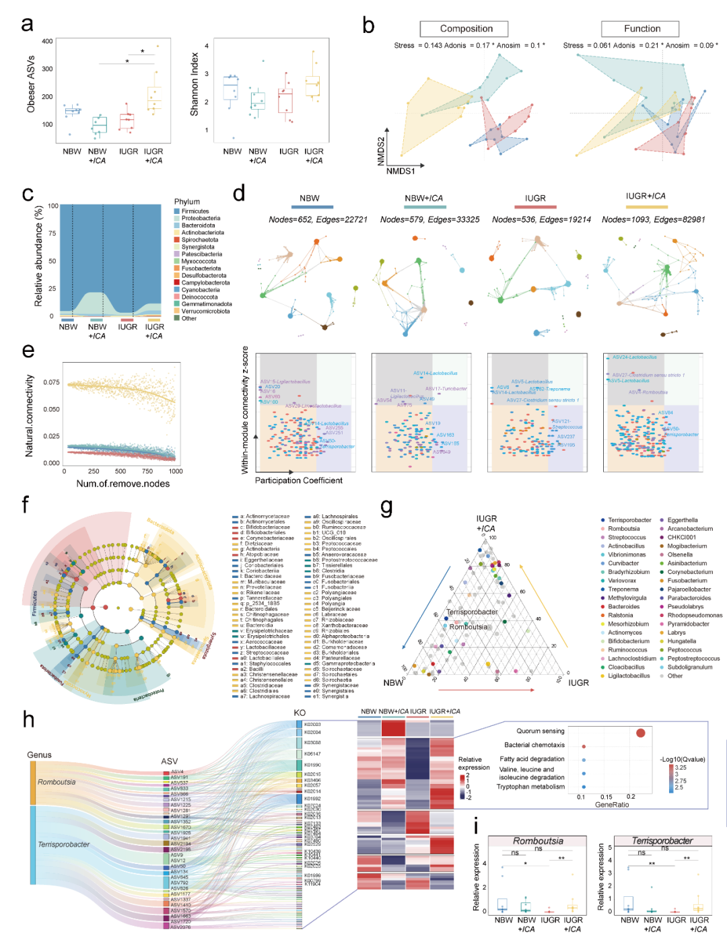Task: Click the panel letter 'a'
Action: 27,24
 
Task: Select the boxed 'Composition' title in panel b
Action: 466,28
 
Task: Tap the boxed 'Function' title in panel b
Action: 642,28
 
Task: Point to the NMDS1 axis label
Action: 401,171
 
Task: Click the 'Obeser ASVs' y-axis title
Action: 31,84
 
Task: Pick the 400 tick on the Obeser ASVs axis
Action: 47,41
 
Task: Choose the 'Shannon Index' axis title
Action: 194,84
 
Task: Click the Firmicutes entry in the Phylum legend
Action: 195,211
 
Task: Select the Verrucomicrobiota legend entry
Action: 205,311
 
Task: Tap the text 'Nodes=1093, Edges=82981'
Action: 653,219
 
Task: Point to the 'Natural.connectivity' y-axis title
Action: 30,416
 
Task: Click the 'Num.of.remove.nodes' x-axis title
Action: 123,483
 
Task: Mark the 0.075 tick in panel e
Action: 52,382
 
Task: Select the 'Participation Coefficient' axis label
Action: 298,480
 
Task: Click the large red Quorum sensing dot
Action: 640,733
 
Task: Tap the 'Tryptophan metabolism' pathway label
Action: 530,787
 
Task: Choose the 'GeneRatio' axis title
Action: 612,804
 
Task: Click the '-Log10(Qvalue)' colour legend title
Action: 683,759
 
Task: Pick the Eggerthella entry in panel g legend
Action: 683,520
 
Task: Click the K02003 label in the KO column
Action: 312,725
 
